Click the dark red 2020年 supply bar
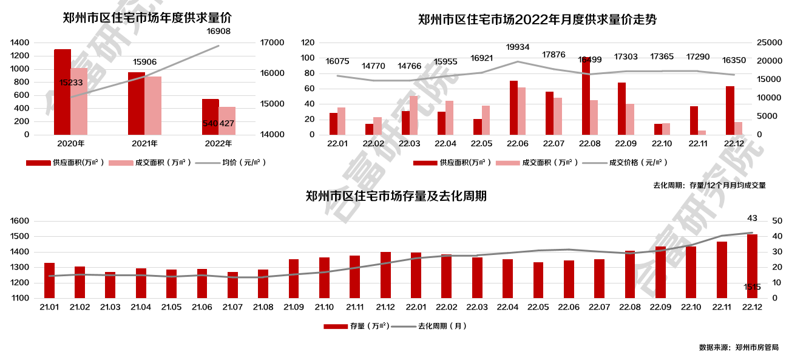63,91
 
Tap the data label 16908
218,31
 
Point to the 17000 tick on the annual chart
272,42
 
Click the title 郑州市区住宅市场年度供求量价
147,18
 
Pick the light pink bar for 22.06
521,110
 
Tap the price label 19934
518,47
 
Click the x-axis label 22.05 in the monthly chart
481,144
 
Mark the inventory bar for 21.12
385,274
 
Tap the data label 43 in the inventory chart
752,219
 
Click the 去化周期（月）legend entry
431,326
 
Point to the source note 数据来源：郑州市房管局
738,348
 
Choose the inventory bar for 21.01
49,280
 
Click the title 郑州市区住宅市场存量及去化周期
396,197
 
